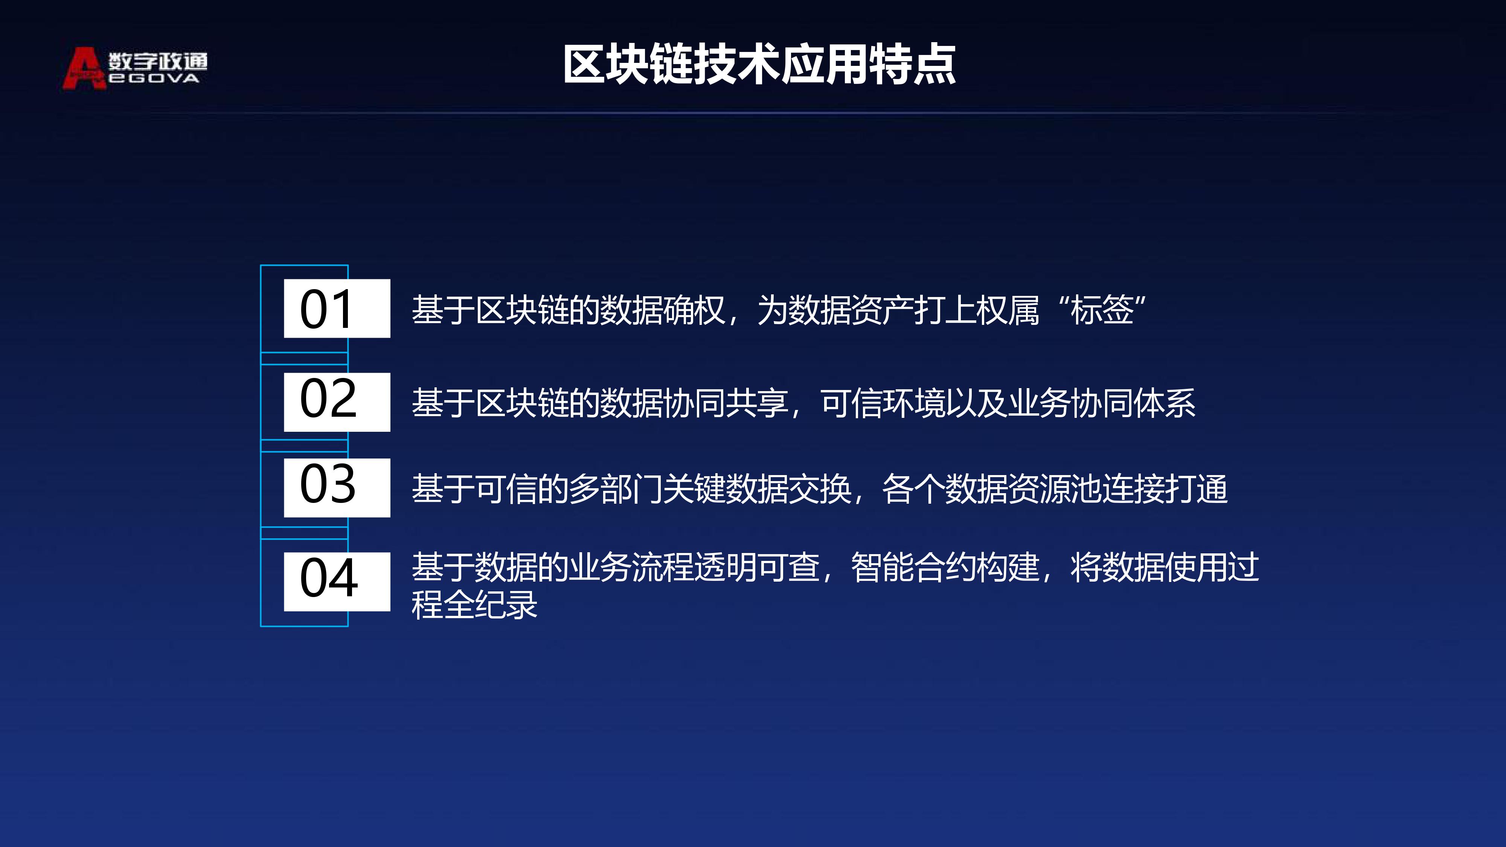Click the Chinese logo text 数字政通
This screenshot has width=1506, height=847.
(x=158, y=61)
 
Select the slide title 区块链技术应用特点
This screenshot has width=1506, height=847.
(x=759, y=64)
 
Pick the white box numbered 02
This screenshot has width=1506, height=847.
(x=337, y=402)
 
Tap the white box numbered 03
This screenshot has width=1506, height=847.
(x=337, y=487)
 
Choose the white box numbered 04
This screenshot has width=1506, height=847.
(x=337, y=582)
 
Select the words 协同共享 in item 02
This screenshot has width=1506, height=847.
(x=726, y=403)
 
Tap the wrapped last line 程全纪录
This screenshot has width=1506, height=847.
(x=474, y=605)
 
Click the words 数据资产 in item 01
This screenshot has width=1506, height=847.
(x=851, y=310)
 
